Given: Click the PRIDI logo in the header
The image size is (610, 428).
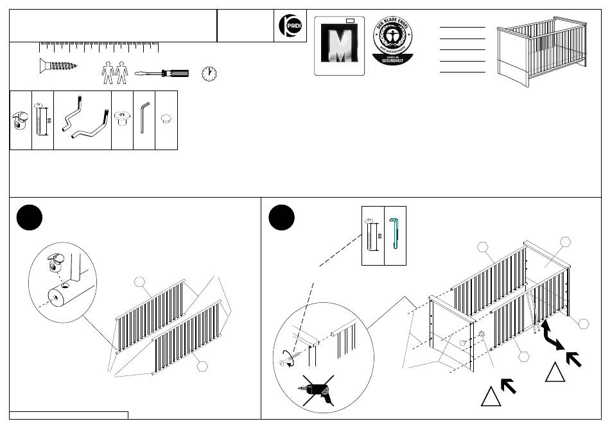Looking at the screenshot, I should pos(290,26).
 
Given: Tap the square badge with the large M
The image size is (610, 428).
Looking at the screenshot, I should pos(339,46).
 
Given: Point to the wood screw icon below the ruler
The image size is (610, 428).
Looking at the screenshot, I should pos(58,65).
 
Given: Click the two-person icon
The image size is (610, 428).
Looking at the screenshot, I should pos(116,73).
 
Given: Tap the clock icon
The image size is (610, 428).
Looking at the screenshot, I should pos(209,73).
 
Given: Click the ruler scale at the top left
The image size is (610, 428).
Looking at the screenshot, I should pos(99,47).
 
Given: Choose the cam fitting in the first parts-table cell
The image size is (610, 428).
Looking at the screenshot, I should pos(21,121).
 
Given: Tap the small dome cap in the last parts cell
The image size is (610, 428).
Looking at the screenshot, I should pos(166,118).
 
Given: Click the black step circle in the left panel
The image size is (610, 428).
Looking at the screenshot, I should pos(30,218).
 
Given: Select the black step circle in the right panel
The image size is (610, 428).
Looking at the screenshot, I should pos(281,218).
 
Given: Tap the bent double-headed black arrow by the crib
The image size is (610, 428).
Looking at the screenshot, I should pos(550,334).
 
